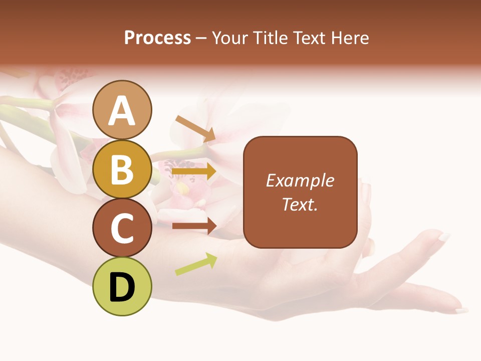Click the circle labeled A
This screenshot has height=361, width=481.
point(122,110)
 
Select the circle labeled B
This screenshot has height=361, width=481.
point(122,169)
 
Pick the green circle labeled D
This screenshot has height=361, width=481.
point(122,286)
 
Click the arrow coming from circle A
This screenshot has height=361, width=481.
point(195,128)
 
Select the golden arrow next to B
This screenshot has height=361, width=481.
point(194,171)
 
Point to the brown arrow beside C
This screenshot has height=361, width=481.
point(194,226)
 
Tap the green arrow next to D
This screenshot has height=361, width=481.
point(196,264)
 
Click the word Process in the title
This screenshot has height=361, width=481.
point(157,38)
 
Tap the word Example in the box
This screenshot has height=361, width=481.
point(300,180)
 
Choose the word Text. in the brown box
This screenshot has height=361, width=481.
point(300,205)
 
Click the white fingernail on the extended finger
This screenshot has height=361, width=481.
point(444,236)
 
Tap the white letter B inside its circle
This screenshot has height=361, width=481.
point(122,169)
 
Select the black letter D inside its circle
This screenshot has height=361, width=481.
point(122,286)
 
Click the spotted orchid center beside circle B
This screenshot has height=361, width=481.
point(175,165)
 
